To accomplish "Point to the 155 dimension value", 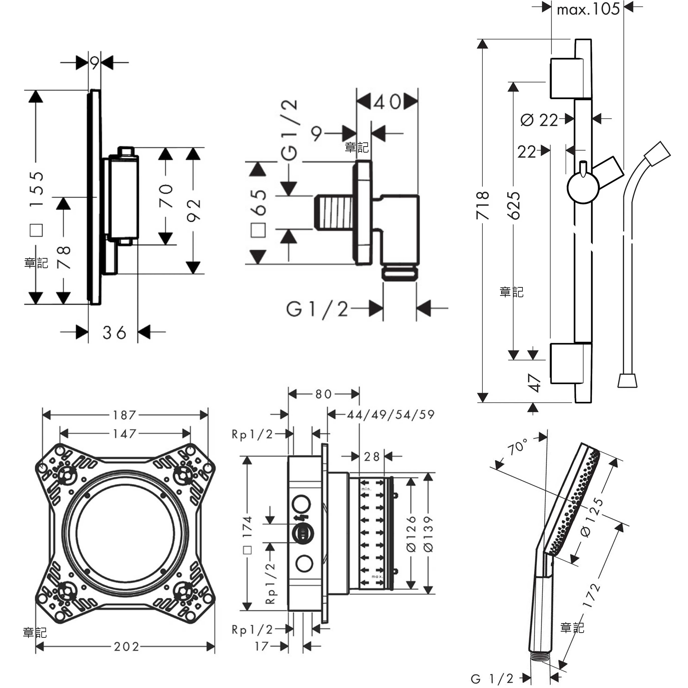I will coord(36,189).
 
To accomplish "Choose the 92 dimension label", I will coord(193,210).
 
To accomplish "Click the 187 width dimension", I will coord(125,415).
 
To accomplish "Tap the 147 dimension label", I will coord(125,434).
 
